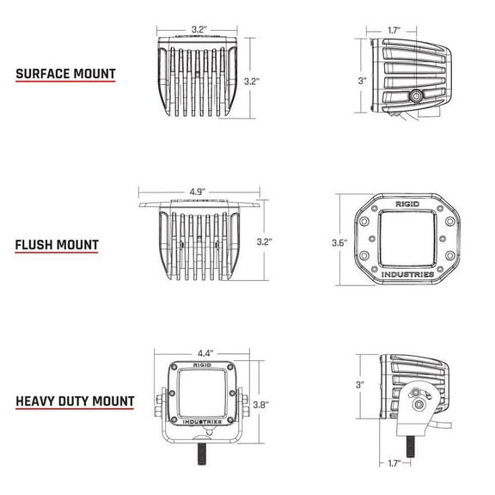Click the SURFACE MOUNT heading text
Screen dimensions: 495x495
[x=65, y=73]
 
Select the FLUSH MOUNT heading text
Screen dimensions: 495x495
[x=56, y=245]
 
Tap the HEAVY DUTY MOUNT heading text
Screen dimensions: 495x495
[x=75, y=400]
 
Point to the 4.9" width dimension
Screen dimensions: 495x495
[x=199, y=192]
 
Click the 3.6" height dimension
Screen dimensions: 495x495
[x=339, y=243]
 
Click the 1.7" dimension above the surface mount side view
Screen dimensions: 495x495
[x=392, y=30]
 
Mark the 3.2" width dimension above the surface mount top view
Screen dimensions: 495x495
[x=199, y=29]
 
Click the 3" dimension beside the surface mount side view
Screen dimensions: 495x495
[x=363, y=81]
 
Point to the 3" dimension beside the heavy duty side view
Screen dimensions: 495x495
[x=360, y=384]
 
